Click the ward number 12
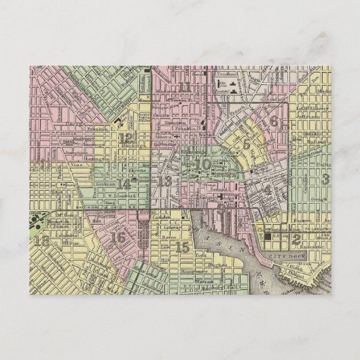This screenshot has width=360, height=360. coord(126,139)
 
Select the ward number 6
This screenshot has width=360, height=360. coord(274,121)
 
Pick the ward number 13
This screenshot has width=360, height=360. coord(164,181)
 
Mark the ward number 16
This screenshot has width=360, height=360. coord(118,238)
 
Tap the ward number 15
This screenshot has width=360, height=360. coord(181,247)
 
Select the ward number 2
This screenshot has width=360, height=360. coord(295,238)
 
